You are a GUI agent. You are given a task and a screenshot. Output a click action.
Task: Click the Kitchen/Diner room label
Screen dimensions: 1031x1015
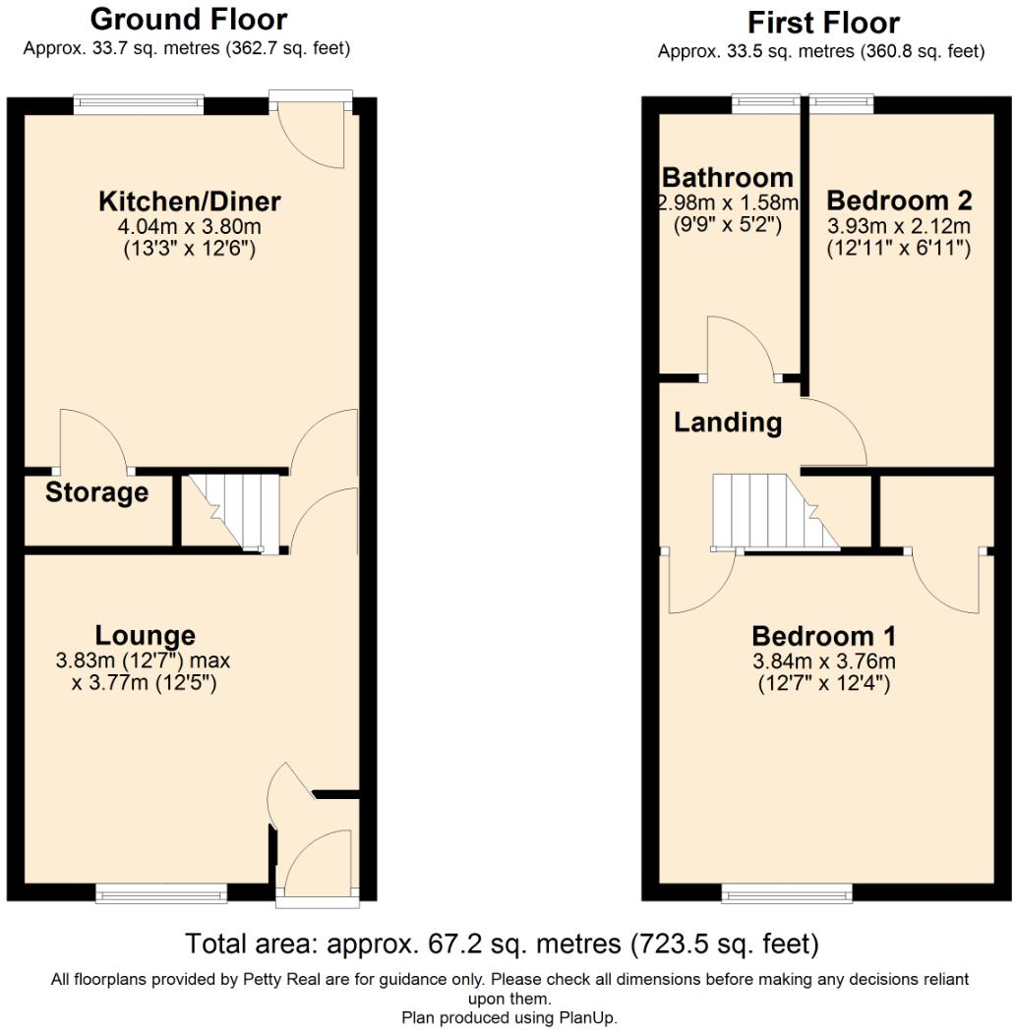point(190,201)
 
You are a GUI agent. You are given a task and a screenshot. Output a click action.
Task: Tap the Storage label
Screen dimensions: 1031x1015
point(96,492)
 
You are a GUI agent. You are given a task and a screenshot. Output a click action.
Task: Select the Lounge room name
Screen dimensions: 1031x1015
point(145,635)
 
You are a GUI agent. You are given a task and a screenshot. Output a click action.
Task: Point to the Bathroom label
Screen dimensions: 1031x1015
point(727,178)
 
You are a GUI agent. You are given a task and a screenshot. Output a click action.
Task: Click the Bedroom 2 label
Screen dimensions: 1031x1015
point(899,200)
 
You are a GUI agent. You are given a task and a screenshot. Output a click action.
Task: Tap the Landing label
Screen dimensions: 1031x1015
point(728,423)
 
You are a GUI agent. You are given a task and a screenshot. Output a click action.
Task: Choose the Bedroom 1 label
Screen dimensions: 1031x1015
point(823,635)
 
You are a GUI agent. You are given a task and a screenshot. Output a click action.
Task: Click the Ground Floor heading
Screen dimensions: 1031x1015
point(188,19)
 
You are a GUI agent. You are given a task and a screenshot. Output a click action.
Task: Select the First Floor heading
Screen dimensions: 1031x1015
point(822,22)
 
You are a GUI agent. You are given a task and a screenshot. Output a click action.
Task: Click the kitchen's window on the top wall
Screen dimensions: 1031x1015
point(139,98)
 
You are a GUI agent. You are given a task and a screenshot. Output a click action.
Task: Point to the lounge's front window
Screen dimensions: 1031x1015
point(161,893)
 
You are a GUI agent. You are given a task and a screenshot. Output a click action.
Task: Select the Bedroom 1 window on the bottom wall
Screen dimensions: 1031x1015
point(787,893)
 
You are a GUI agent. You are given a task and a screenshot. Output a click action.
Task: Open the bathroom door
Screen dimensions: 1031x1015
point(743,349)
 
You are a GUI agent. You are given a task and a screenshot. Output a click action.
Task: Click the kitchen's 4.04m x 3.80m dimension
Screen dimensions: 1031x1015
point(190,227)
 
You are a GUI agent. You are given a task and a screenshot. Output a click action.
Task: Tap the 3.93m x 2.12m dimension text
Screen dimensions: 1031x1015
point(899,227)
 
